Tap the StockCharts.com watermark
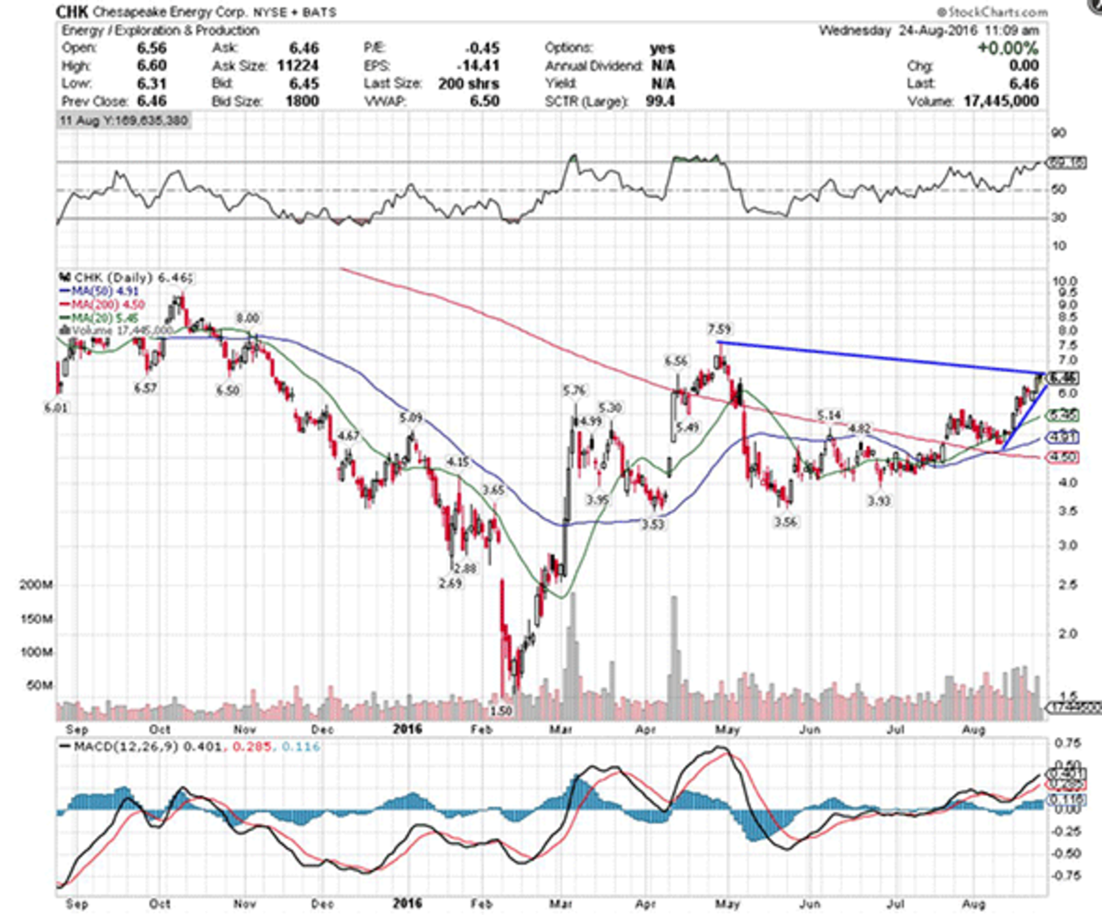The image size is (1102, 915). pos(994,12)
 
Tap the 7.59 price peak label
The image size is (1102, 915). pos(720,329)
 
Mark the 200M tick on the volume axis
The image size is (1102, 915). pos(34,586)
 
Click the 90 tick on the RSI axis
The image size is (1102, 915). pos(1059,132)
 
